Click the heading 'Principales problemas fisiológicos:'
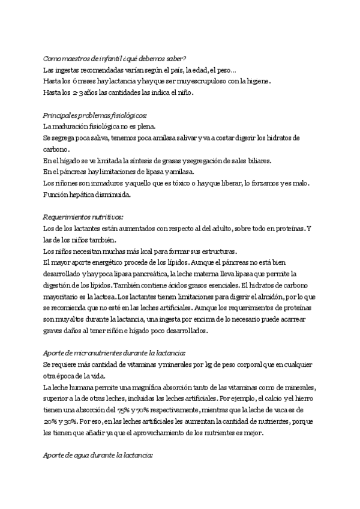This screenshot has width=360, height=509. pos(95,115)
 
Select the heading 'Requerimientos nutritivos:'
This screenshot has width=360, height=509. pos(83,217)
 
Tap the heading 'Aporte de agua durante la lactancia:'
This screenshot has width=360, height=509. pos(98,456)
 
